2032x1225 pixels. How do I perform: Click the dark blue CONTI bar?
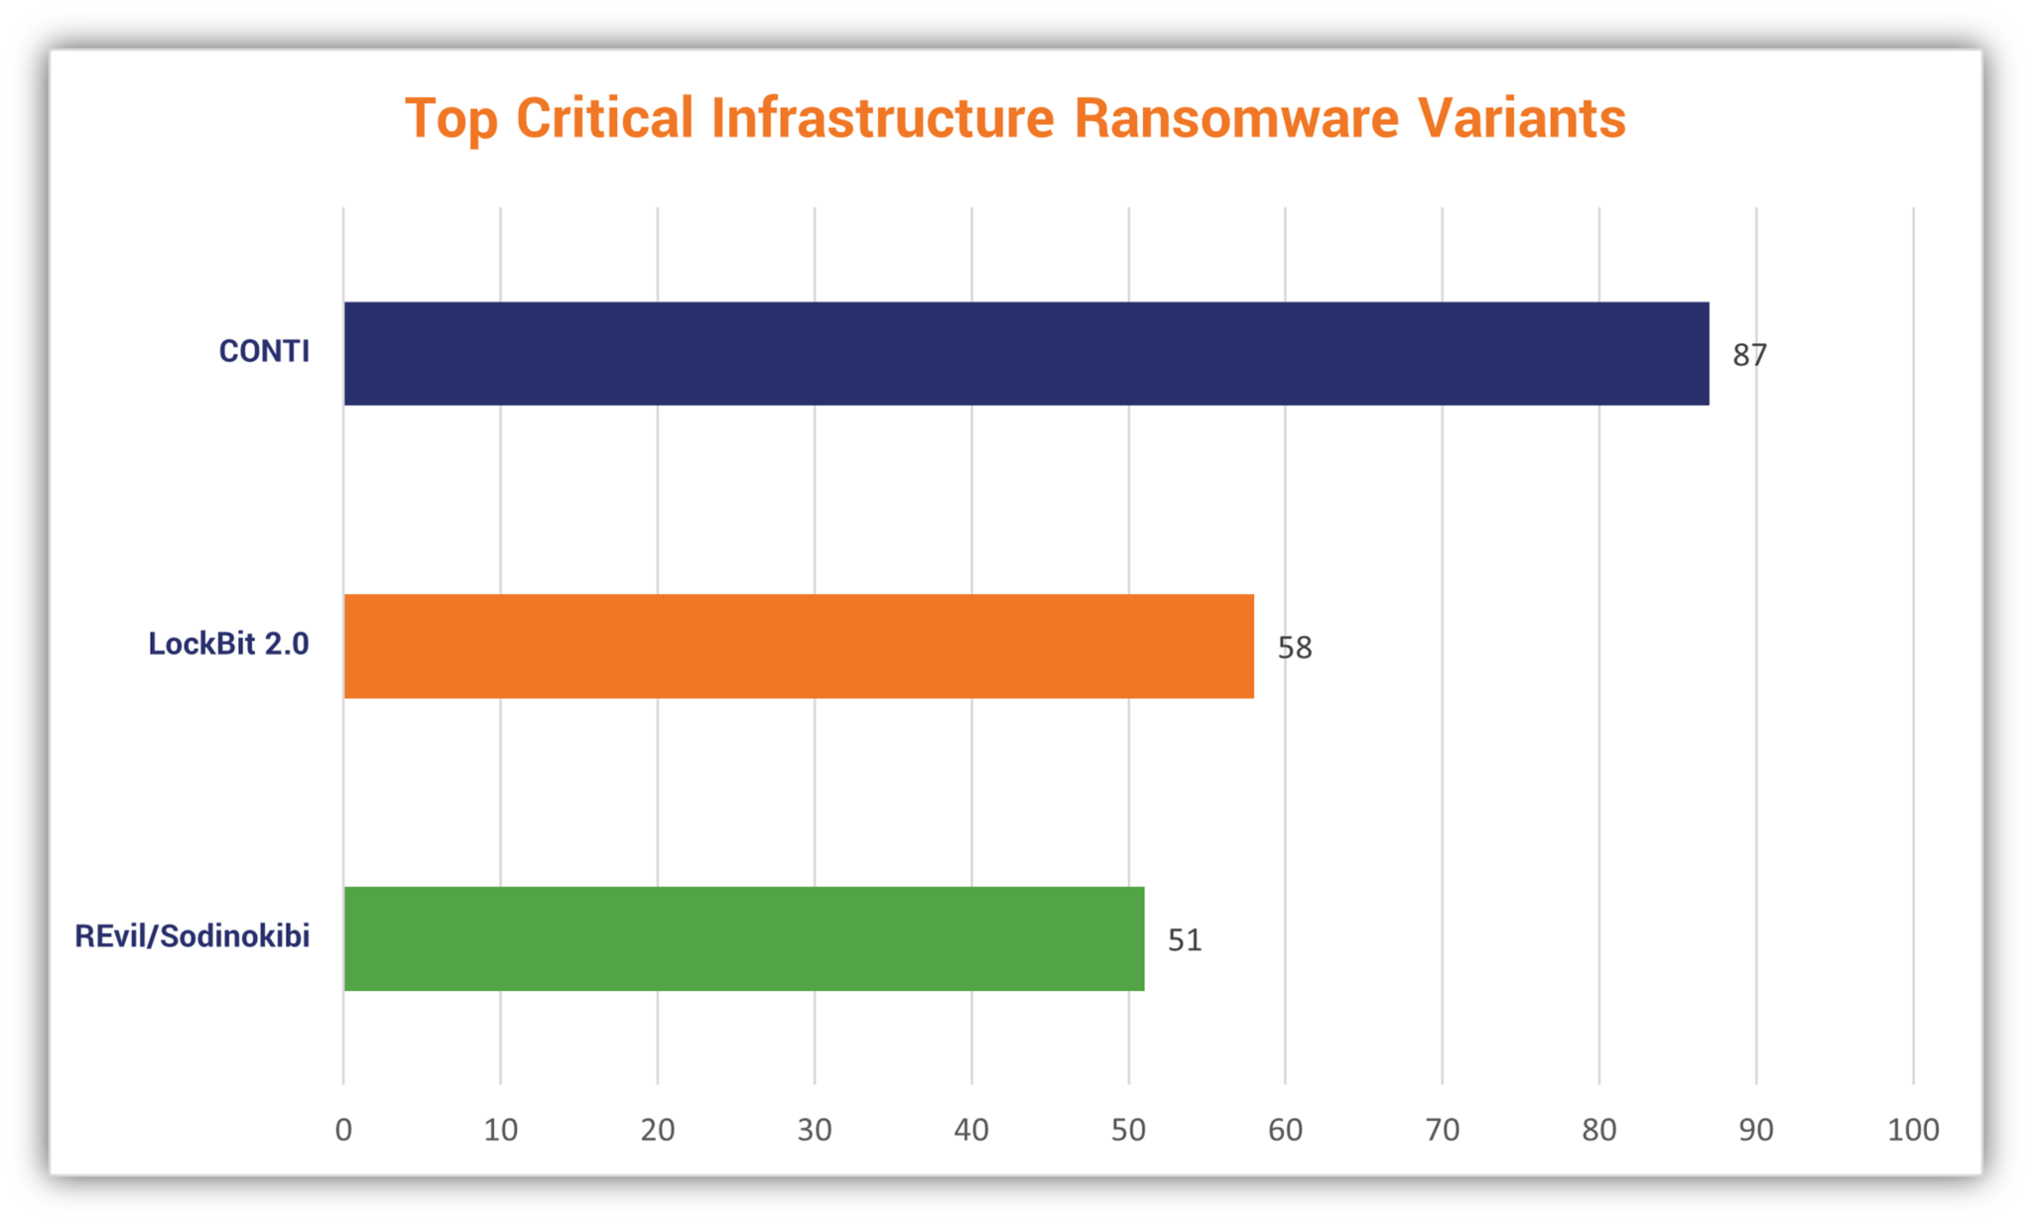1026,354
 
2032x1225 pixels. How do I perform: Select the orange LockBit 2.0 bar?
799,647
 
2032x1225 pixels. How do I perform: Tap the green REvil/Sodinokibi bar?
744,938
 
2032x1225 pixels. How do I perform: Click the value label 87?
1749,355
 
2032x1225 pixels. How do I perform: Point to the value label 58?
1294,648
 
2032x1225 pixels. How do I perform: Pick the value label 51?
1185,940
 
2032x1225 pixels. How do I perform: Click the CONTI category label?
264,351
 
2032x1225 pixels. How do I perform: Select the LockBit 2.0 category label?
228,644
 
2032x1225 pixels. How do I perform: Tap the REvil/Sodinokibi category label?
192,936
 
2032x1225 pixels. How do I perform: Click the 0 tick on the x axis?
343,1130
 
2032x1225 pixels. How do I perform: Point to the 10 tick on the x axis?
501,1130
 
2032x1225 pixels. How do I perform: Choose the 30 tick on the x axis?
815,1130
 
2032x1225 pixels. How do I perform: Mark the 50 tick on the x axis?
1128,1130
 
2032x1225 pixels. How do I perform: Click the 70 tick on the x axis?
1442,1130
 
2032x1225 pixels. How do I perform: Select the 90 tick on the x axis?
1756,1130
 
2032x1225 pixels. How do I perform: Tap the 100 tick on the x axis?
1913,1130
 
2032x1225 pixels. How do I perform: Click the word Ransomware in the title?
1236,119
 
